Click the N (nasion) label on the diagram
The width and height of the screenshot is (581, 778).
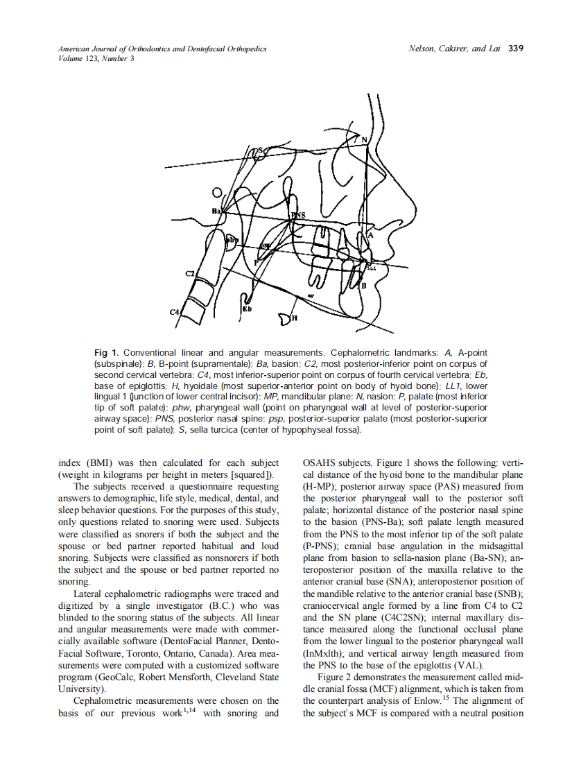tap(365, 140)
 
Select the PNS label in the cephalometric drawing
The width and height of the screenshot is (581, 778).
tap(299, 216)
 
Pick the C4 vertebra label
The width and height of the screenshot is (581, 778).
tap(174, 313)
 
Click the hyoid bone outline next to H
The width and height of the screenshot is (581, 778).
tap(284, 318)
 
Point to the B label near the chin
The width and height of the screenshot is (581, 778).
tap(362, 285)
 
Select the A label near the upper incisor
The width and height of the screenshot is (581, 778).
tap(370, 236)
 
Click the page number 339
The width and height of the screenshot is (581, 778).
tap(516, 49)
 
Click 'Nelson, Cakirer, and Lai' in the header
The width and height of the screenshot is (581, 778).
tap(455, 49)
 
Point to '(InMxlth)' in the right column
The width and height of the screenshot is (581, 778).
tap(324, 652)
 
